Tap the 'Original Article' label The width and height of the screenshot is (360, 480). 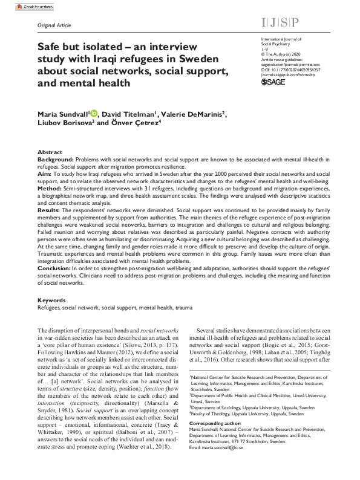[54, 25]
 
